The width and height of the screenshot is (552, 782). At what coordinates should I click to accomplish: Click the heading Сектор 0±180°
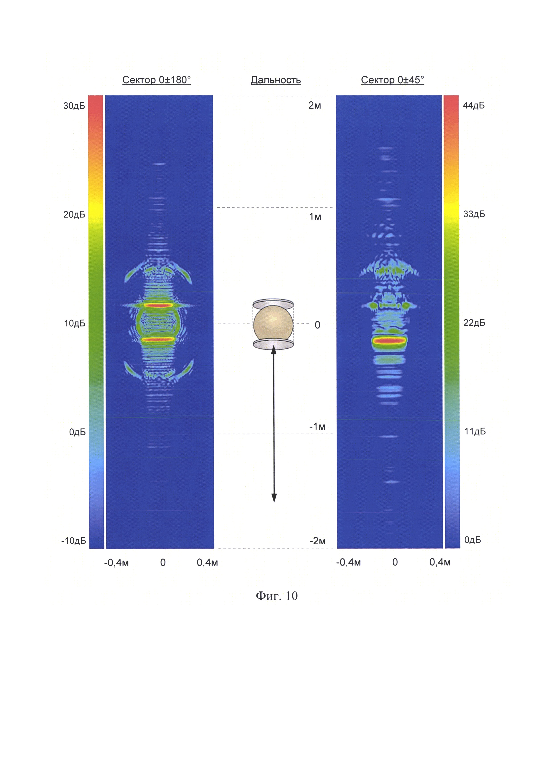point(156,80)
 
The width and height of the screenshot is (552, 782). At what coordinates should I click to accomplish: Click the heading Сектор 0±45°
point(392,80)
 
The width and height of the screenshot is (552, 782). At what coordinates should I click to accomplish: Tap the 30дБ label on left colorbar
point(74,106)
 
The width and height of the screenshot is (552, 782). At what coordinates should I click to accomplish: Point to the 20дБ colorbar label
point(74,215)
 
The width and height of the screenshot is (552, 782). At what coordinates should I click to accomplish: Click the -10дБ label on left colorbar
point(73,541)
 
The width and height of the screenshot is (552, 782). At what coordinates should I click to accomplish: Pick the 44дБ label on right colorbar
point(474,106)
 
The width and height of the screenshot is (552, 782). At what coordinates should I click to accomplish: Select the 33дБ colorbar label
point(474,214)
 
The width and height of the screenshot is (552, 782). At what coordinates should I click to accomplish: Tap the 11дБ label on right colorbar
point(475,432)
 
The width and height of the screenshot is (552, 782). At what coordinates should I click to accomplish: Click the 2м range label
point(315,106)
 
